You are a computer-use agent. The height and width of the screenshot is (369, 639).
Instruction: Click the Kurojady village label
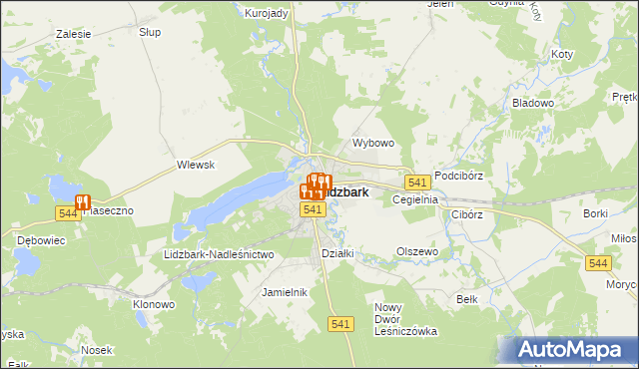[x=267, y=12]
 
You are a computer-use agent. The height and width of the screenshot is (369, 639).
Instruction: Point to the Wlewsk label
[x=196, y=165]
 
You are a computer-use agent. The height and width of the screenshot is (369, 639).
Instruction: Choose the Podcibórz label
[x=459, y=176]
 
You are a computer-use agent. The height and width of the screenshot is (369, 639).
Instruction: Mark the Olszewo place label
[x=417, y=251]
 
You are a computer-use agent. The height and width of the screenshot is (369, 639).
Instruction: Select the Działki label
[x=337, y=252]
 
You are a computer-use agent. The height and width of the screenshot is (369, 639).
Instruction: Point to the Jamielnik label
[x=284, y=292]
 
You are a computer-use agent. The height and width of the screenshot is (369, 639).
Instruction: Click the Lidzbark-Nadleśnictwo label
[x=218, y=255]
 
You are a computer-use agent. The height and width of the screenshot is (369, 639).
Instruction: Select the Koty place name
[x=562, y=54]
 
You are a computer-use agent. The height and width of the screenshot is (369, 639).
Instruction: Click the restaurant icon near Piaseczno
[x=82, y=201]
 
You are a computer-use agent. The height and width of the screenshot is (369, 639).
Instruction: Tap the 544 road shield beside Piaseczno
[x=68, y=213]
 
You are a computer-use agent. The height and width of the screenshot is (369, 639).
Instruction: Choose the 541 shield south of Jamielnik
[x=341, y=324]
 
